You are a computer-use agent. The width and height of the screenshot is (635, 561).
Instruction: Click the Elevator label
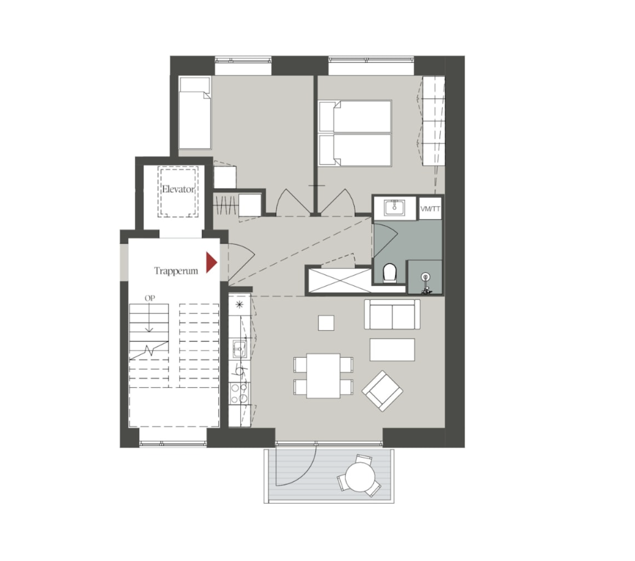click(x=178, y=189)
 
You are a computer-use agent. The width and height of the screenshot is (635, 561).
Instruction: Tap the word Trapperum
click(x=176, y=271)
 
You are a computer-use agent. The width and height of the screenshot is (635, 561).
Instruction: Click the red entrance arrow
click(x=212, y=263)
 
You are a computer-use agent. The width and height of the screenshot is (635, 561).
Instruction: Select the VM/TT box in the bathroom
click(x=430, y=209)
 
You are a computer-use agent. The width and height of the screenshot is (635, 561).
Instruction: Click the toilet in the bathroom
click(x=390, y=273)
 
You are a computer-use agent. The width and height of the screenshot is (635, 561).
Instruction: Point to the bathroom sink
click(x=395, y=208)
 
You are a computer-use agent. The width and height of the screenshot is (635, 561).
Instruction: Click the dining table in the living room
click(x=323, y=376)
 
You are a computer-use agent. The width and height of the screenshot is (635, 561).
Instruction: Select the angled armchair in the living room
click(x=382, y=391)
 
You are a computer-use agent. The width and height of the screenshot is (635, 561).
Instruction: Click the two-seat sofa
click(x=392, y=314)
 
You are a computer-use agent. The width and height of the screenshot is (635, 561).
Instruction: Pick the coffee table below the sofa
click(x=392, y=350)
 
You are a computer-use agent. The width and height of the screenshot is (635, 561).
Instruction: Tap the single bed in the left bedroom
click(x=195, y=113)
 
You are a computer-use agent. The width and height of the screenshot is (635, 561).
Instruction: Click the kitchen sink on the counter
click(x=240, y=349)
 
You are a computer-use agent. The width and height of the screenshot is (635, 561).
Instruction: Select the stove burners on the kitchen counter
click(x=239, y=394)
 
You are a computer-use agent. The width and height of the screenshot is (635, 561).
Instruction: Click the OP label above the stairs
click(x=150, y=298)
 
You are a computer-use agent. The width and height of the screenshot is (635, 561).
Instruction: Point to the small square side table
click(x=326, y=323)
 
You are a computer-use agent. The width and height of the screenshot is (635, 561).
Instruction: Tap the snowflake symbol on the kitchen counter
click(x=240, y=305)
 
